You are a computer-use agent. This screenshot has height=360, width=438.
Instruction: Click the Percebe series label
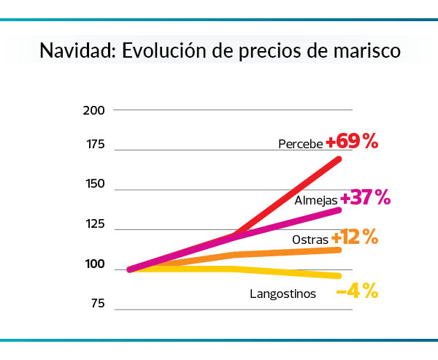click(300, 144)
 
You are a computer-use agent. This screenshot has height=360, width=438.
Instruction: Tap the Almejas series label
click(315, 199)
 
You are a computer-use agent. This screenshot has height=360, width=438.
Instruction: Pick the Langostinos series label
click(282, 294)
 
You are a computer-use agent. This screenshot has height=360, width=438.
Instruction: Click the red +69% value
click(352, 142)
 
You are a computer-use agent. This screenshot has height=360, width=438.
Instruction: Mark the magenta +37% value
click(365, 197)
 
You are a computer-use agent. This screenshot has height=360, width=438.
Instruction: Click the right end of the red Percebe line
click(339, 158)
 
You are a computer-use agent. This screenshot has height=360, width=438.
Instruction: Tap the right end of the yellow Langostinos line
click(339, 275)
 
